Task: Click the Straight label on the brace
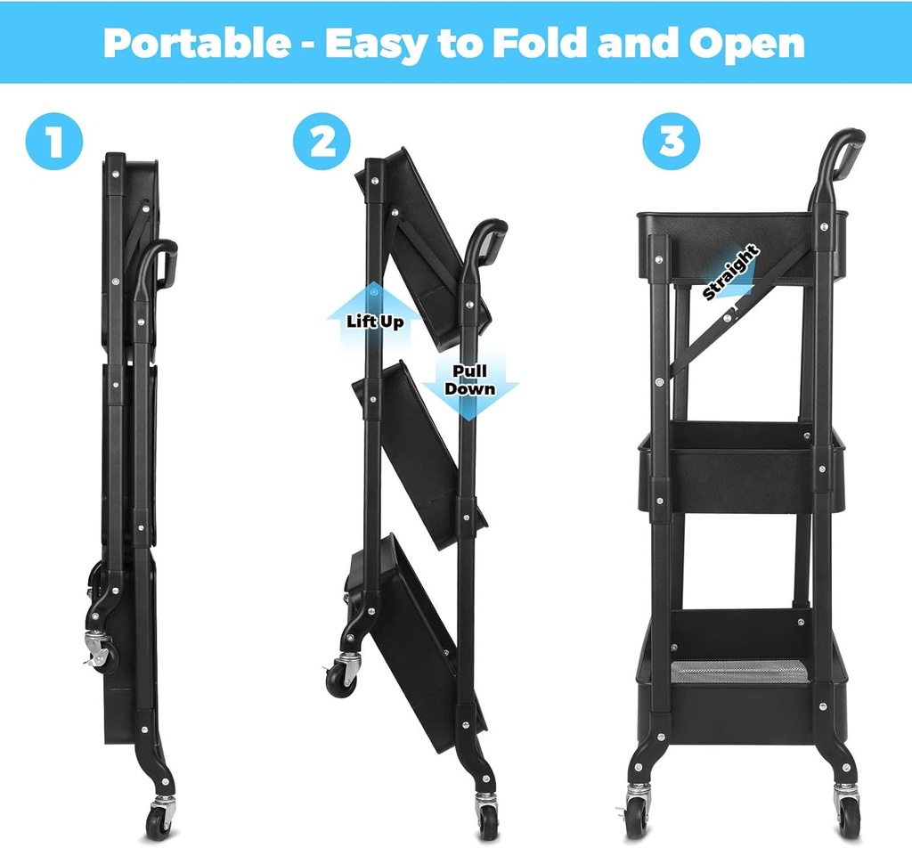(x=730, y=272)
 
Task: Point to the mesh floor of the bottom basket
(x=739, y=670)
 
